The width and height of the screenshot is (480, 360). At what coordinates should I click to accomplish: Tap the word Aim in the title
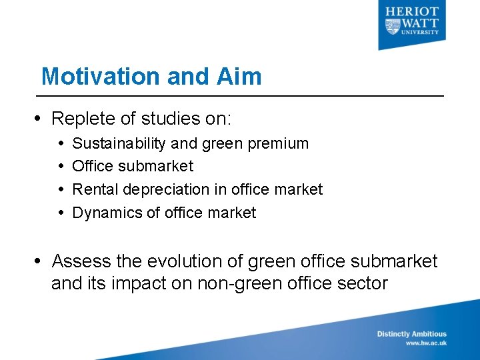239,76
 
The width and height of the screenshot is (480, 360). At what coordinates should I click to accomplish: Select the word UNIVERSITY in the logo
421,31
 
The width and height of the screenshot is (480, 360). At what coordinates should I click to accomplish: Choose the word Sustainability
120,143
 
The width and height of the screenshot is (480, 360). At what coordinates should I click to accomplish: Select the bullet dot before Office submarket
61,166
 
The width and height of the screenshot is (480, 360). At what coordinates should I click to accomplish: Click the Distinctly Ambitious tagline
411,334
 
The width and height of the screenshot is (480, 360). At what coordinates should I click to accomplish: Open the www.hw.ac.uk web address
426,343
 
